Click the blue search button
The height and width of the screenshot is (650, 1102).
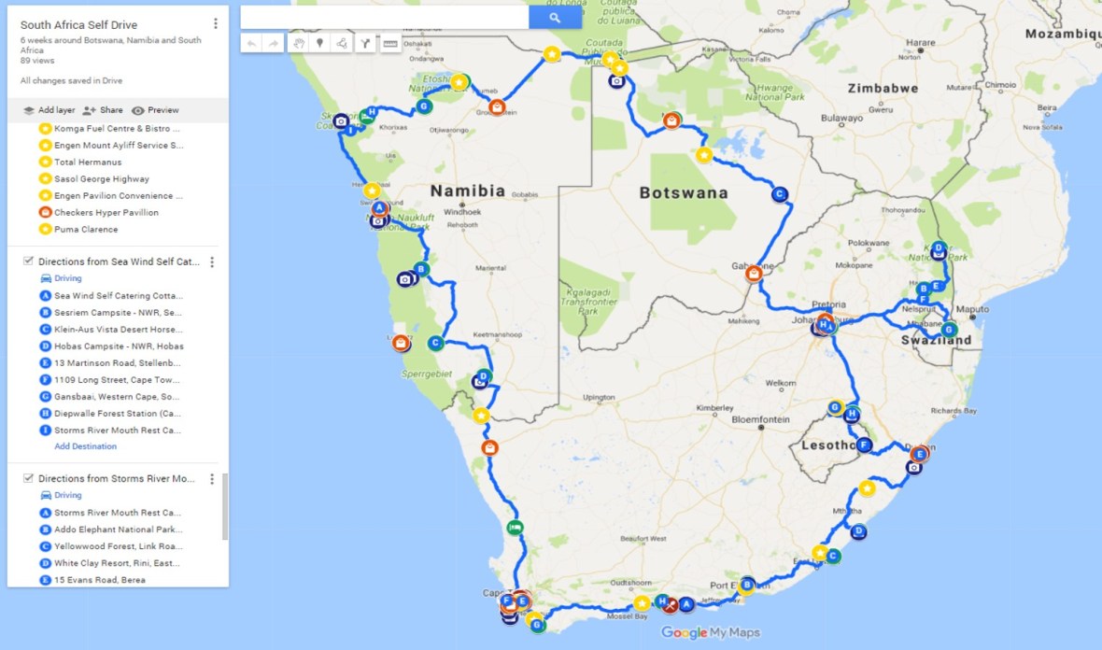(555, 18)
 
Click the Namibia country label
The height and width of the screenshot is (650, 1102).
(467, 191)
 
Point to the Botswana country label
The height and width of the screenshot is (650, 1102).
(683, 192)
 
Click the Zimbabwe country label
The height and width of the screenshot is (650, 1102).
(883, 89)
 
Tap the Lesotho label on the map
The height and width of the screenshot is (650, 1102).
(827, 445)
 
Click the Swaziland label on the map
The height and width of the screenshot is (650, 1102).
(933, 341)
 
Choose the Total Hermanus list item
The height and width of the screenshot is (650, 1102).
(88, 162)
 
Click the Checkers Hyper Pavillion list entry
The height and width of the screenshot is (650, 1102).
(106, 213)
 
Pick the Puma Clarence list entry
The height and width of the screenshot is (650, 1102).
(86, 230)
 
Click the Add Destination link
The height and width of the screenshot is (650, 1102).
(85, 446)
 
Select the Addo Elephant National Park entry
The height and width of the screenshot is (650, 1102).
(118, 530)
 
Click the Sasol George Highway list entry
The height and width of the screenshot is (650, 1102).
(101, 179)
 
